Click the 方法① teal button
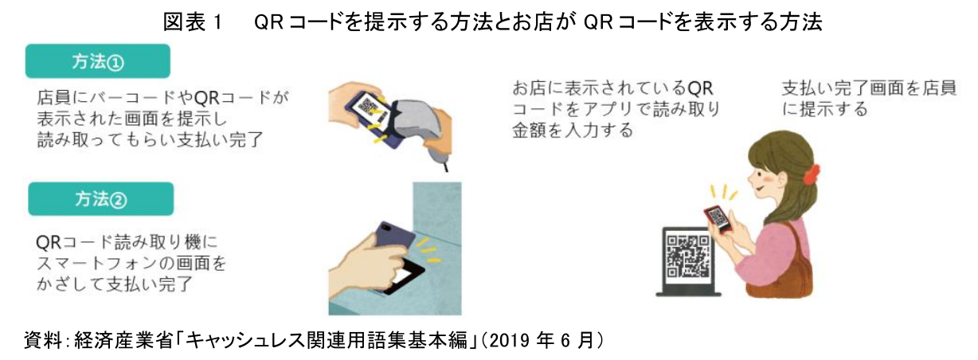(x=98, y=61)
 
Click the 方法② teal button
(x=101, y=199)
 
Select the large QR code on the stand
(x=687, y=258)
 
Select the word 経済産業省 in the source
(x=123, y=341)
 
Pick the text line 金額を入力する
(x=573, y=130)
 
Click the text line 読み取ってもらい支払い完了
(x=151, y=140)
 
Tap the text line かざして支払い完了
(x=115, y=284)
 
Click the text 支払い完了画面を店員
(x=869, y=88)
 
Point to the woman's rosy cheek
(x=773, y=178)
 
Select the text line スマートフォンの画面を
(x=131, y=263)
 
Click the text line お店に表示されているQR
(x=612, y=88)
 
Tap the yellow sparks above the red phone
(x=724, y=193)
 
